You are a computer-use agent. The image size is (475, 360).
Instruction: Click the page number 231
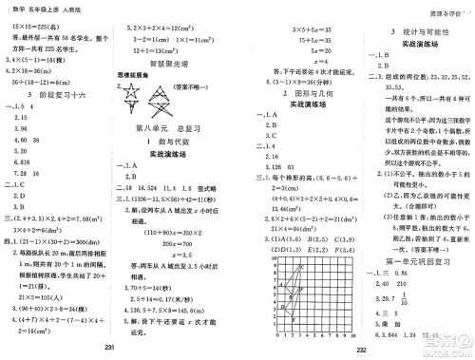(110, 349)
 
